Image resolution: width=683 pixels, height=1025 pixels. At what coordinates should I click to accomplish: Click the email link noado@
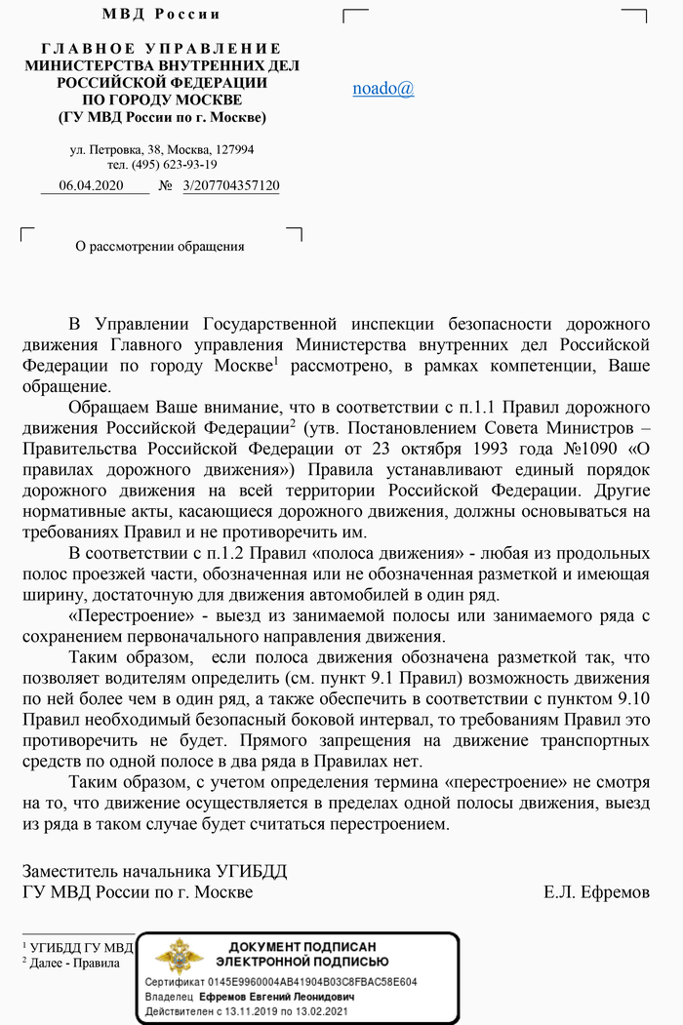point(382,88)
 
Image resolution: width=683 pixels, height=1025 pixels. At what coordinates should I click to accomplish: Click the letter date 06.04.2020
point(91,185)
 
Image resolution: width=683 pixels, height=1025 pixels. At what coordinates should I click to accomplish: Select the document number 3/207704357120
point(231,185)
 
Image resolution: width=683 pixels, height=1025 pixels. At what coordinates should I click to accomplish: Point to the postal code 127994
point(234,150)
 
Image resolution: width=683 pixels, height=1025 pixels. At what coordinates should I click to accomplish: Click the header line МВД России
point(161,15)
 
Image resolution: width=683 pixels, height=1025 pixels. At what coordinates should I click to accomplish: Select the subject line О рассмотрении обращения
point(160,247)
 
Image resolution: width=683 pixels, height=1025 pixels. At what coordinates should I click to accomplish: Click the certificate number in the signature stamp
point(323,982)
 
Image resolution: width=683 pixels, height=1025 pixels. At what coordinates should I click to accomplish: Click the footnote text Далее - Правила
point(75,963)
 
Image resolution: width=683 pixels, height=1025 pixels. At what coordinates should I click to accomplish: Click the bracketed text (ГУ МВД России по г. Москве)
point(161,118)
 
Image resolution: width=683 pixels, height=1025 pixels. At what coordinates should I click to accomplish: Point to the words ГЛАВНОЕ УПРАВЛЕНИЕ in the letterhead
point(161,49)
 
